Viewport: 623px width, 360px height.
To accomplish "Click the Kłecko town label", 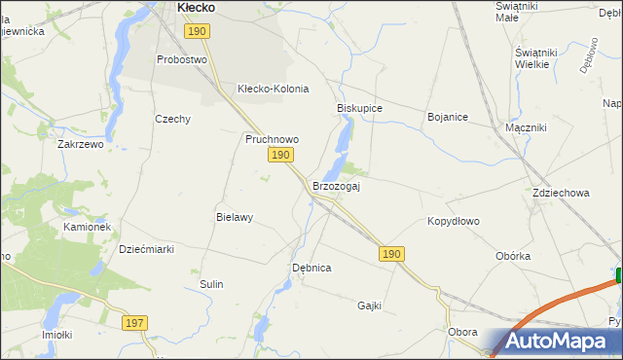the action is (196, 8).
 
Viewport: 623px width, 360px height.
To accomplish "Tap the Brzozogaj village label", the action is (336, 186).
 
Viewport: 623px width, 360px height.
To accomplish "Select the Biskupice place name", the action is (359, 108).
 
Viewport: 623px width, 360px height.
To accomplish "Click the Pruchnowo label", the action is (272, 139).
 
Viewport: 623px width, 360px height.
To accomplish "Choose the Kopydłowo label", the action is (454, 221).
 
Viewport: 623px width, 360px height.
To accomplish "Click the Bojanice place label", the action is (448, 117).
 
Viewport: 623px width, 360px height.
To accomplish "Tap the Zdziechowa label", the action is (561, 193).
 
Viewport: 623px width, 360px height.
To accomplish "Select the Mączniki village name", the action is (527, 127).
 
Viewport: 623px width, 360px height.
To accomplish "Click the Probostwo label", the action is (183, 59).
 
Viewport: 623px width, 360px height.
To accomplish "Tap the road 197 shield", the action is (135, 322).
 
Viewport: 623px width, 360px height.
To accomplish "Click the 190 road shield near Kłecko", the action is (197, 32).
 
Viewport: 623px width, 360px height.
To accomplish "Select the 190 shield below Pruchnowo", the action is (280, 156).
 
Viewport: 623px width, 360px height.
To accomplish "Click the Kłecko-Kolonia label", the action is (273, 89).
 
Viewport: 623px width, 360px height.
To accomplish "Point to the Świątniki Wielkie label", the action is (539, 57).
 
